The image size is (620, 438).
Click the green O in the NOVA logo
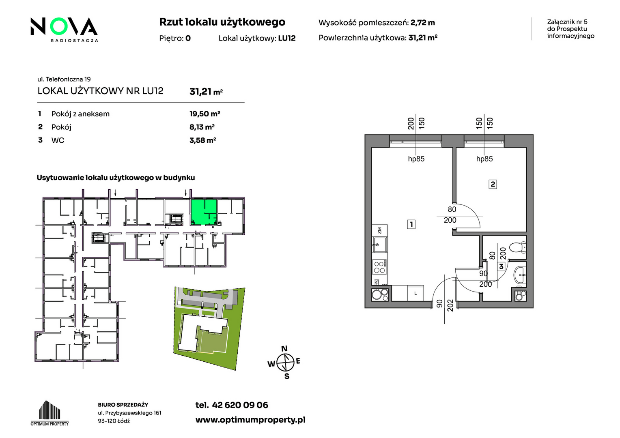[x=59, y=26]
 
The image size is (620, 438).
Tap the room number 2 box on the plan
[x=493, y=184]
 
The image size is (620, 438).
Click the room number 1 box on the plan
[x=411, y=224]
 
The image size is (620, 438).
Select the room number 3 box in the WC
[x=501, y=267]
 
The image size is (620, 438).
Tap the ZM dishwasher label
[x=379, y=230]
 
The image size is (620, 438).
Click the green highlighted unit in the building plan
[x=204, y=212]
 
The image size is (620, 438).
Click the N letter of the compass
[x=284, y=348]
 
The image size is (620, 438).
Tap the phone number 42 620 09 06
[x=240, y=405]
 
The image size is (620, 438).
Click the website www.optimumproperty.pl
[x=250, y=420]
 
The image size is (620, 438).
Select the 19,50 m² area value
[x=205, y=114]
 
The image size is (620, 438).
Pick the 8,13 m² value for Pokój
[x=202, y=127]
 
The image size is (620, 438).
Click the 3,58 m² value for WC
[x=202, y=140]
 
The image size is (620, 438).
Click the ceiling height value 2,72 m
[x=423, y=23]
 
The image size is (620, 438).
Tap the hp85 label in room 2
[x=484, y=159]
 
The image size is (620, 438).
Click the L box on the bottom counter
[x=415, y=293]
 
